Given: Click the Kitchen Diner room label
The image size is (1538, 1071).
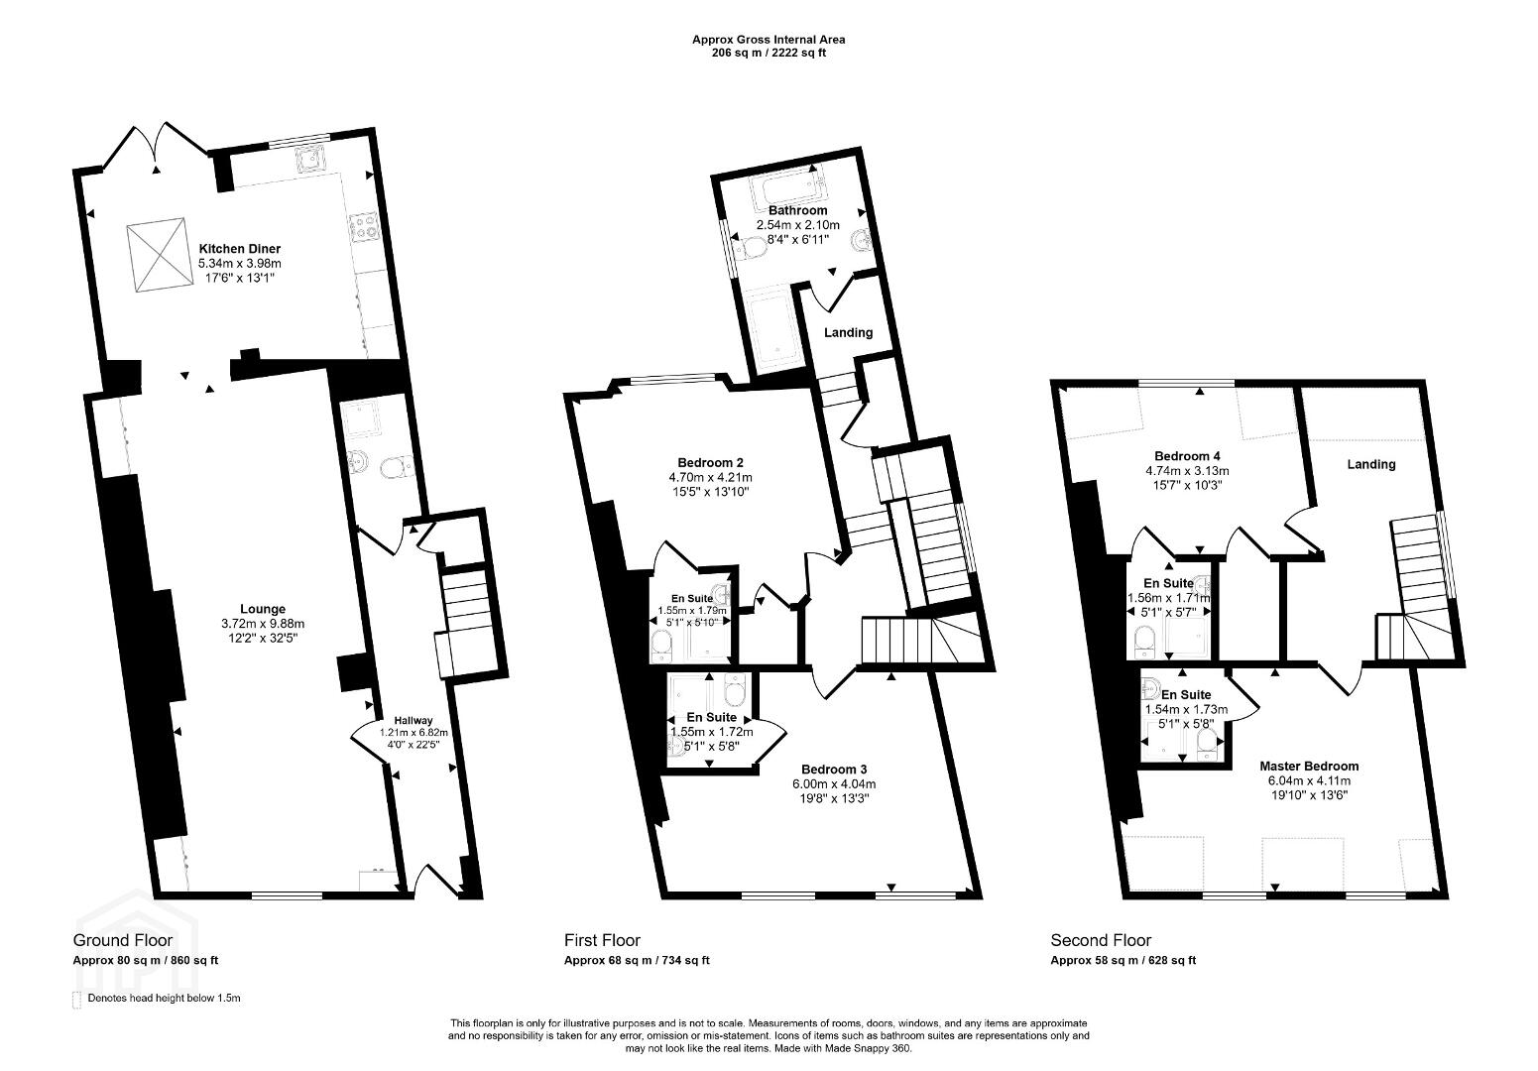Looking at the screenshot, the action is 240,249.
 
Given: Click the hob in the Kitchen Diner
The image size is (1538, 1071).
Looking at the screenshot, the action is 365,226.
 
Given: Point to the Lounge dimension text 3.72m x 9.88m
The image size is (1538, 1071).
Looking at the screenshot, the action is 263,624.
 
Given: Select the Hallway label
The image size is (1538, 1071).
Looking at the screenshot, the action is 414,720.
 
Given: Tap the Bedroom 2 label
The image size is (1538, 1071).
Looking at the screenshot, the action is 710,463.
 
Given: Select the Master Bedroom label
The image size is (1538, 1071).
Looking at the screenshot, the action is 1309,767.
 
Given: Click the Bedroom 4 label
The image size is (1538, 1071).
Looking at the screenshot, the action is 1187,456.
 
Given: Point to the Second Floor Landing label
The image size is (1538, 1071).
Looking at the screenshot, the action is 1371,464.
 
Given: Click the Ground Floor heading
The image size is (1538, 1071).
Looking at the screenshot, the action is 123,940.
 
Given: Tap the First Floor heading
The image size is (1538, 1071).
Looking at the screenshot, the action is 602,940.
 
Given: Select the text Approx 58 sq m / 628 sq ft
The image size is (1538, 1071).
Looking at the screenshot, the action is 1124,961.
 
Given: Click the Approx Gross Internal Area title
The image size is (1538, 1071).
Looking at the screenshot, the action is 769,40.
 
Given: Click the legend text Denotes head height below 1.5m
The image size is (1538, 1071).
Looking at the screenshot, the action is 164,999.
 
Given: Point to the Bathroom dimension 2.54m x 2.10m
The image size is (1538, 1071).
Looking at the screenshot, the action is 798,225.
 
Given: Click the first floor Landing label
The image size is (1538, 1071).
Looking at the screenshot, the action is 849,332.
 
